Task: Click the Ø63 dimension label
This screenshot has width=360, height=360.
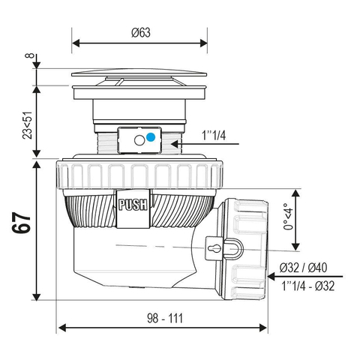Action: (141, 33)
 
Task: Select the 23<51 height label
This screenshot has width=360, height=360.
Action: (28, 125)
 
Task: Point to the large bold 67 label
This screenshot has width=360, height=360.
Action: (21, 223)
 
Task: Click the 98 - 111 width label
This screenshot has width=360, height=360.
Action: (165, 318)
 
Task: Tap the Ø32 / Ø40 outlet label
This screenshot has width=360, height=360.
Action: (303, 268)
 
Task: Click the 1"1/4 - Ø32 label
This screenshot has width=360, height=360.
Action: (308, 286)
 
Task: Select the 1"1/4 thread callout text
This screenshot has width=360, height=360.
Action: (214, 136)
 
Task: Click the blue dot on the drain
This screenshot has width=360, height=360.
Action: (151, 137)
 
